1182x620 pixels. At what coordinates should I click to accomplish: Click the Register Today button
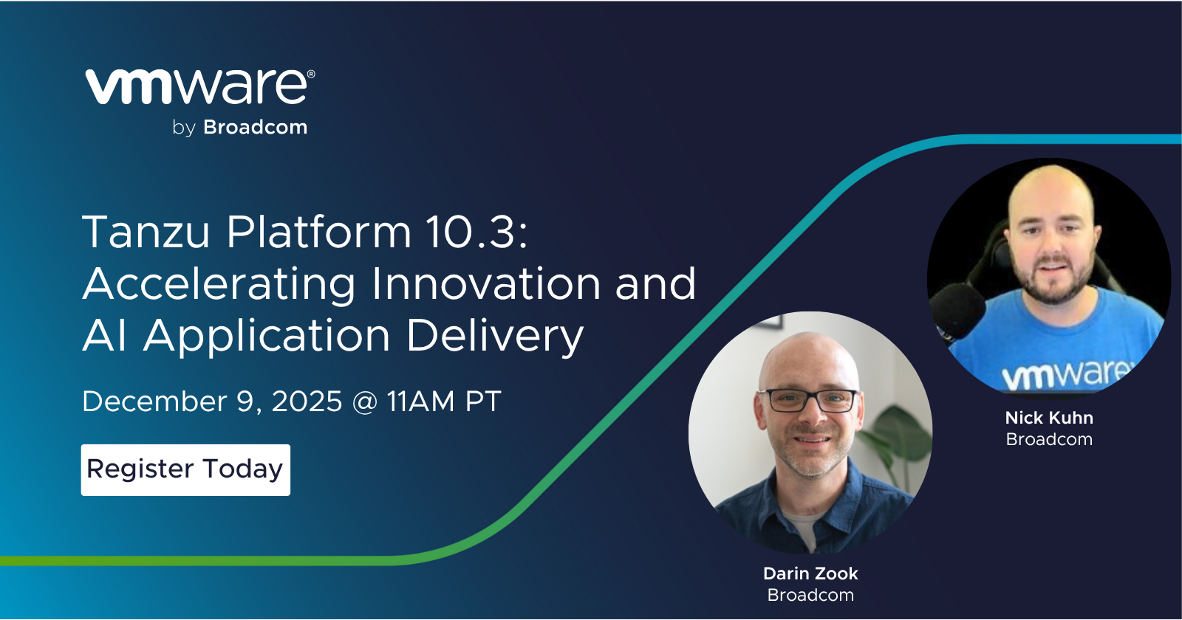click(185, 469)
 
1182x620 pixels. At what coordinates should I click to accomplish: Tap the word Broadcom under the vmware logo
click(255, 128)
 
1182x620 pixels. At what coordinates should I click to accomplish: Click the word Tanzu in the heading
click(146, 232)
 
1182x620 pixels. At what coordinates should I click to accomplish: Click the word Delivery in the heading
click(495, 337)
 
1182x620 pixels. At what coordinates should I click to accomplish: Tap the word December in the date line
click(154, 402)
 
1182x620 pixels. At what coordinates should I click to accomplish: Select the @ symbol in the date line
click(364, 402)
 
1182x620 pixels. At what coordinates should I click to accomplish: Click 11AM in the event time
click(420, 402)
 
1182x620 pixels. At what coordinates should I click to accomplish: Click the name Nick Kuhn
click(1049, 418)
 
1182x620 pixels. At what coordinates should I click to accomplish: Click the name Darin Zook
click(810, 573)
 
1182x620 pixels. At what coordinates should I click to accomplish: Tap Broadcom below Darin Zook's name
click(810, 595)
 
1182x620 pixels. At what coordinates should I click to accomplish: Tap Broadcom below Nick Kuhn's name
click(1049, 439)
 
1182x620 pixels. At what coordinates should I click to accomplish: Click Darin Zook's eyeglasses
click(810, 401)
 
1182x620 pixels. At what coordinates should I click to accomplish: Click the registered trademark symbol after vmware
click(311, 75)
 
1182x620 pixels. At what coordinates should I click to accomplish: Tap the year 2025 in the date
click(307, 402)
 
